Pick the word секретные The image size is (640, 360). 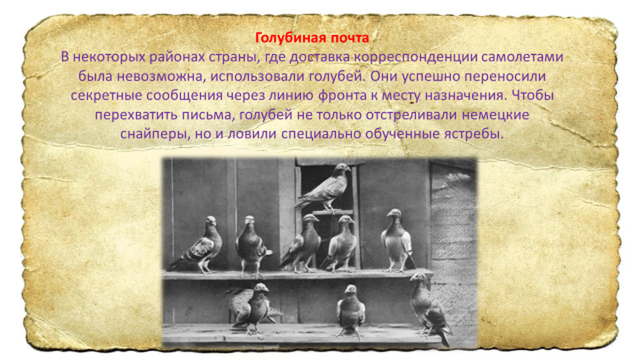(106, 96)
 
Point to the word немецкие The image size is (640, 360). (496, 115)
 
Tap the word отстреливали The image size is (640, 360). (411, 115)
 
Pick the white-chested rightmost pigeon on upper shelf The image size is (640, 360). (397, 240)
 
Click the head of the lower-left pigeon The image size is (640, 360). (261, 288)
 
